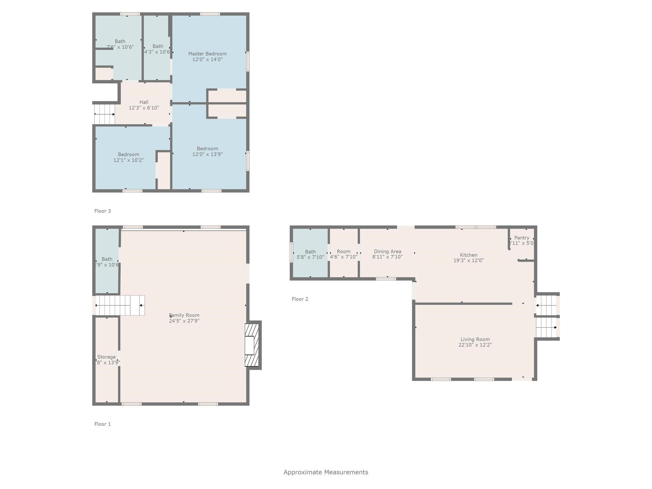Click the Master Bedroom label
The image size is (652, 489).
207,54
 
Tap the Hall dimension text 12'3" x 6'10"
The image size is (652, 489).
144,108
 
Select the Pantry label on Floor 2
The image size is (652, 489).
521,238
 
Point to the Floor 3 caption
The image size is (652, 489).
103,211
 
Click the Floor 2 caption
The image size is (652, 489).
300,299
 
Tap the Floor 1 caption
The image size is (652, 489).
103,424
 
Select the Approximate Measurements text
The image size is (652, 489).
326,472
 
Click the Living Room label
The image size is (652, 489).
475,339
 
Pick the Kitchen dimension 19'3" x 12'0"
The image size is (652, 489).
468,260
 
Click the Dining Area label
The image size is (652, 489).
387,252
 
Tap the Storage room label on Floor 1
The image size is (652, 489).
106,357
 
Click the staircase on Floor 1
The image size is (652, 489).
120,305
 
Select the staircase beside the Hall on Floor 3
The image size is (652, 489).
104,114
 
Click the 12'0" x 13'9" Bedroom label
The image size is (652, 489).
207,149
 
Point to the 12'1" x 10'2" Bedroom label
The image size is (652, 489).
129,154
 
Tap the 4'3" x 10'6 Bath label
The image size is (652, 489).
158,46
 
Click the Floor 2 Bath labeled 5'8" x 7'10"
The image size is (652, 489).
310,252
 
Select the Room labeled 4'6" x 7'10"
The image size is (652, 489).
344,252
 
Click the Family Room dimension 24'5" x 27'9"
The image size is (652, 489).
184,321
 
